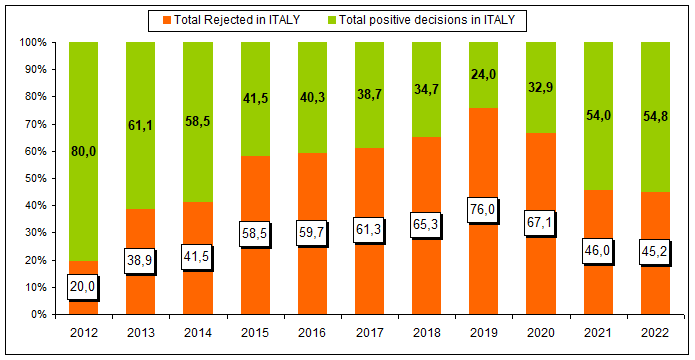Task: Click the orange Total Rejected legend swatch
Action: (x=166, y=20)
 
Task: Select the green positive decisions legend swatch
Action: (x=331, y=20)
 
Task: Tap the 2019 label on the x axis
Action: (x=483, y=333)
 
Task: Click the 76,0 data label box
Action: (x=483, y=210)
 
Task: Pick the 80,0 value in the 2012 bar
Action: (x=83, y=152)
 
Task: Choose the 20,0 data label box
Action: (x=83, y=287)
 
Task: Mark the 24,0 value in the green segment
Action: (x=483, y=75)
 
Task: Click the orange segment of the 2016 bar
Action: (x=312, y=234)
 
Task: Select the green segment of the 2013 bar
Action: (x=141, y=125)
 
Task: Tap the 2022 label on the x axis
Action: (x=655, y=333)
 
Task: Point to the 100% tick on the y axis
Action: (x=31, y=43)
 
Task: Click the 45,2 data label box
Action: (x=655, y=253)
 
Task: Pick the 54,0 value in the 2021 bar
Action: (x=598, y=116)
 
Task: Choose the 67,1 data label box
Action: (x=540, y=223)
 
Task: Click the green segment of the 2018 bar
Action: (x=426, y=90)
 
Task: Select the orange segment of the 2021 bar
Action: (x=598, y=252)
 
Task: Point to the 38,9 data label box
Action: (x=141, y=262)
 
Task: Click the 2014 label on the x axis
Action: (x=198, y=333)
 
